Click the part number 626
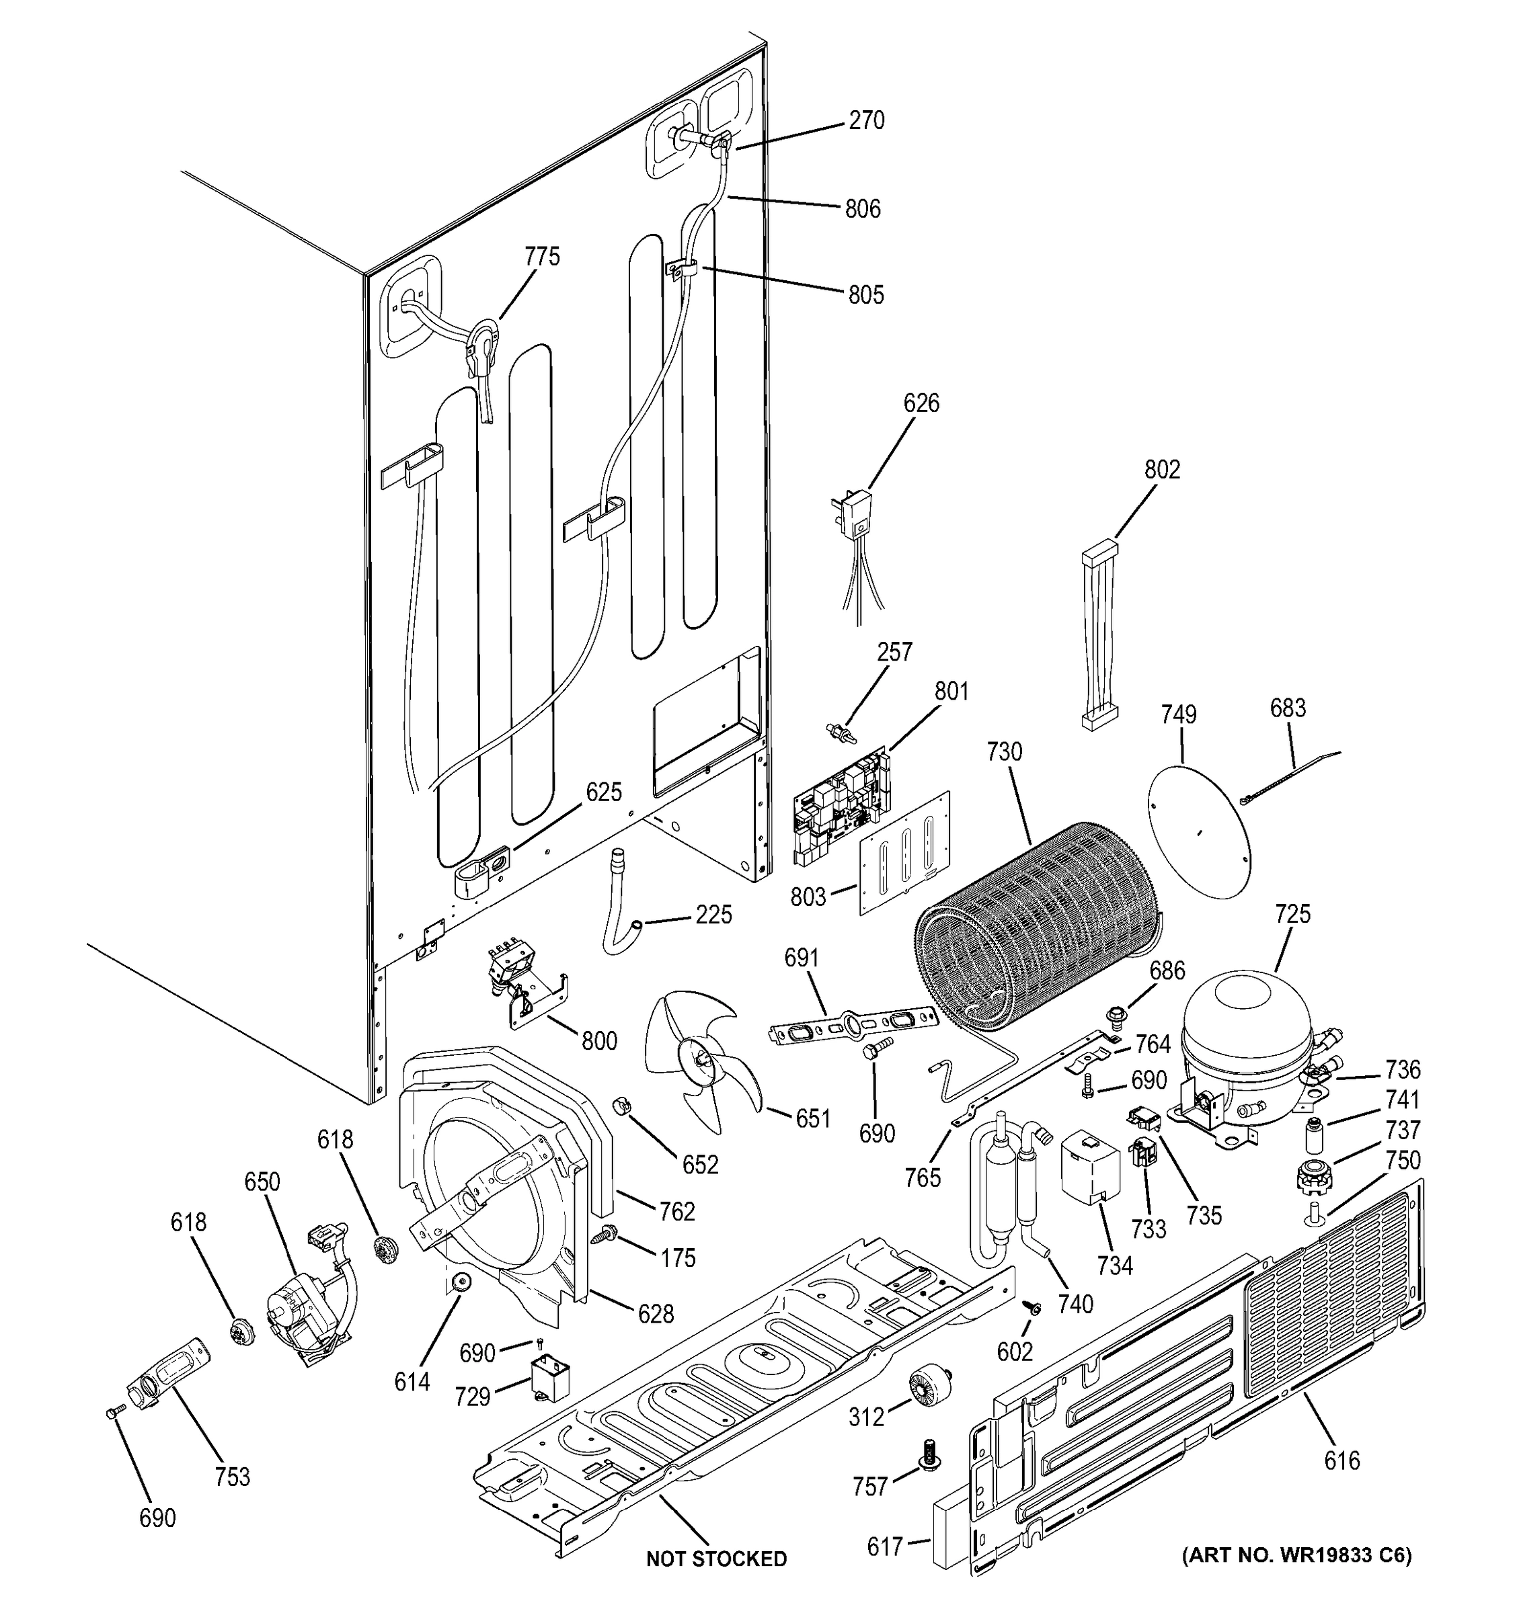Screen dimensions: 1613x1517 921,403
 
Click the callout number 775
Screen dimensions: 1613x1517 541,257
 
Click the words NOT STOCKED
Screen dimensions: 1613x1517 716,1559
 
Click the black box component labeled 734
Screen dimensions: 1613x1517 1089,1172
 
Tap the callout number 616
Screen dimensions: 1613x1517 1341,1460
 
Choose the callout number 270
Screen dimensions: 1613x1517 866,121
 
